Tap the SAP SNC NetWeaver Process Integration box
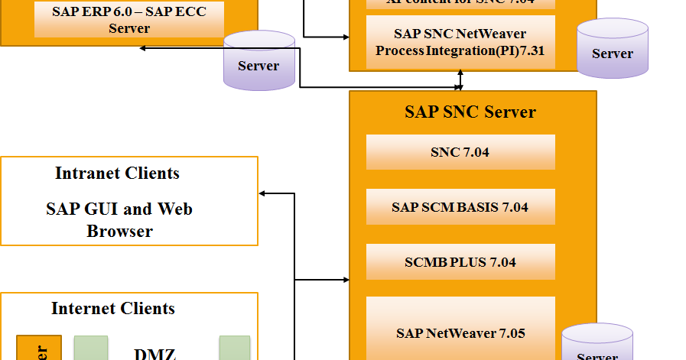coord(460,43)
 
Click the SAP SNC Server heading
coord(470,112)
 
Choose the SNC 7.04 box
coord(460,152)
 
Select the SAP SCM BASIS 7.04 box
coord(460,207)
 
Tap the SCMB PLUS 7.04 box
coord(460,262)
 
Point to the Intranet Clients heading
coord(117,174)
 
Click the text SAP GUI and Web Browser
coord(119,219)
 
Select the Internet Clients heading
coord(113,309)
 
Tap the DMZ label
coord(154,353)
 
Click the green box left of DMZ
coord(91,348)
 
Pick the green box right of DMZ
coord(235,348)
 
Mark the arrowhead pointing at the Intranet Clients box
coord(263,193)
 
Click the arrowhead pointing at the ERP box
coord(144,48)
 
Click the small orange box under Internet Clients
coord(39,348)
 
